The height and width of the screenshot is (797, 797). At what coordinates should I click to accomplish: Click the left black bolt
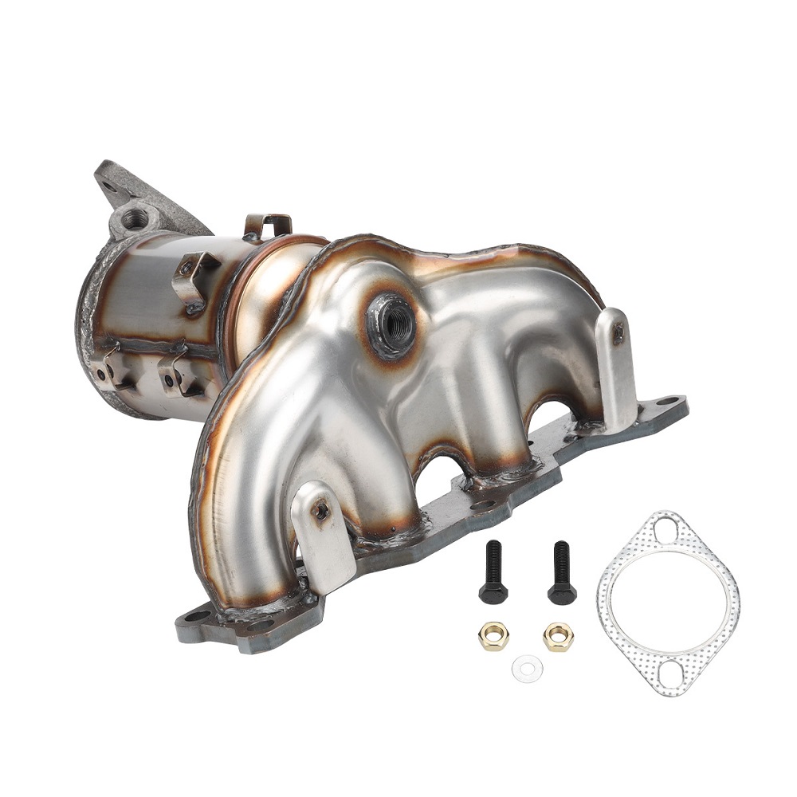tap(492, 571)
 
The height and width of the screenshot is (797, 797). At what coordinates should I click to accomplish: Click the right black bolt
tap(561, 571)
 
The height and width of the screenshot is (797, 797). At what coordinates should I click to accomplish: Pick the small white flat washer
tap(527, 668)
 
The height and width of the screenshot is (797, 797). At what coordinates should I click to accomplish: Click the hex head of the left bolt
tap(492, 593)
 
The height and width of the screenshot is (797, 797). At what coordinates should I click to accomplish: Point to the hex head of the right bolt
tap(561, 593)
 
